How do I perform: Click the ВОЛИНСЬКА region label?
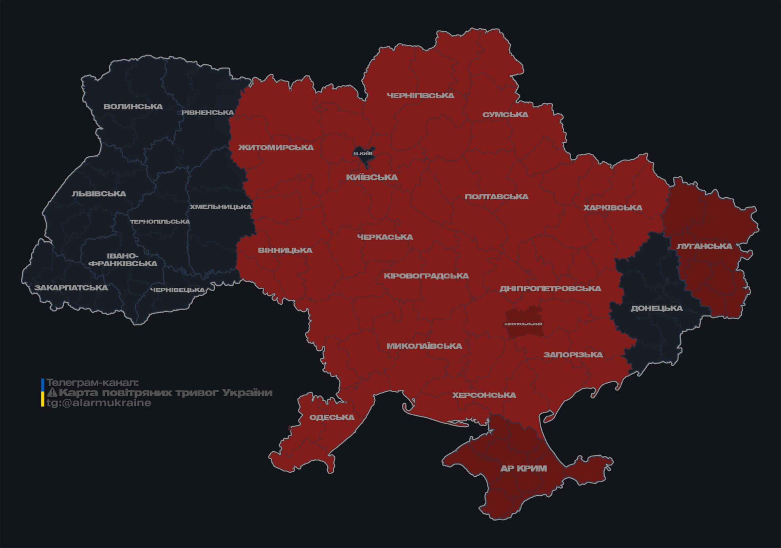tap(133, 107)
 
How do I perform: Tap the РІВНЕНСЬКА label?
tap(208, 113)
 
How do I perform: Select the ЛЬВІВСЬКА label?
tap(99, 194)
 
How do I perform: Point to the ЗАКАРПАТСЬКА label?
tap(71, 288)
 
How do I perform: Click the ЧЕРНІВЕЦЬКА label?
tap(178, 290)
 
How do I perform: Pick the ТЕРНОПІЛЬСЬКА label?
tap(160, 221)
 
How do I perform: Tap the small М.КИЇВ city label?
tap(363, 153)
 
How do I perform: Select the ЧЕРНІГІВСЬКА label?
tap(420, 95)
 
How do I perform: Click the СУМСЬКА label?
tap(505, 115)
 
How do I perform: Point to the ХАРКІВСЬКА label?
tap(613, 208)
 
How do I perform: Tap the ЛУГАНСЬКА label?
tap(704, 246)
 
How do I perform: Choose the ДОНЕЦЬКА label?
tap(657, 308)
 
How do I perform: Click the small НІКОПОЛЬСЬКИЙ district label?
tap(523, 324)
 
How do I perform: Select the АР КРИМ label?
tap(523, 468)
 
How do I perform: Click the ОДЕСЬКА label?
tap(332, 417)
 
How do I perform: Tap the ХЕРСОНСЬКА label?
tap(484, 395)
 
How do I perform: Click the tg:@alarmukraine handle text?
tap(99, 403)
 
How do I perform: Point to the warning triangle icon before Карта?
tap(52, 393)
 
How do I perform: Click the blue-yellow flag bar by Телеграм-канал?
tap(42, 392)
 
